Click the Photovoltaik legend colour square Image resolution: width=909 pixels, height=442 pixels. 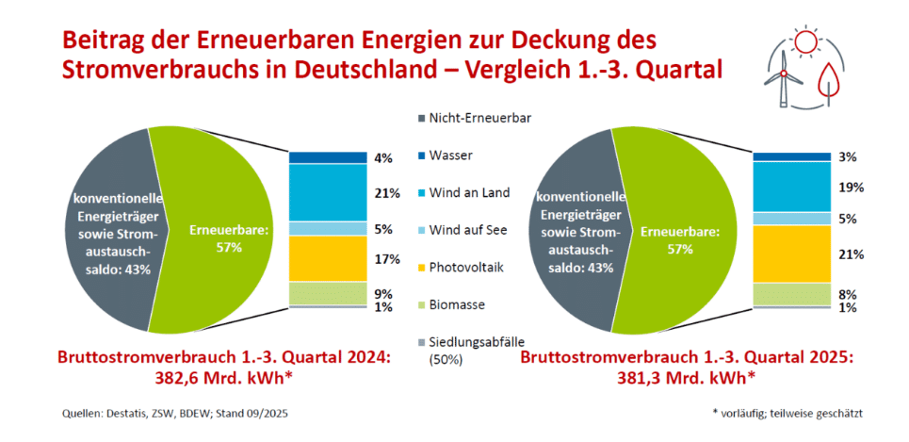420,268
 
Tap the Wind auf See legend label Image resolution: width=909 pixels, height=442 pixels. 465,230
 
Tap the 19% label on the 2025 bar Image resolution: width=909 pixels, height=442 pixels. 848,188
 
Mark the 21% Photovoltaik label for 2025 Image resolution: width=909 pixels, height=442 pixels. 848,254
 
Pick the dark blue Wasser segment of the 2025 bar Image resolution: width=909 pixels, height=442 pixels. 792,156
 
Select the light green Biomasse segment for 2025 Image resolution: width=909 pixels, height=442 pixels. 792,293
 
